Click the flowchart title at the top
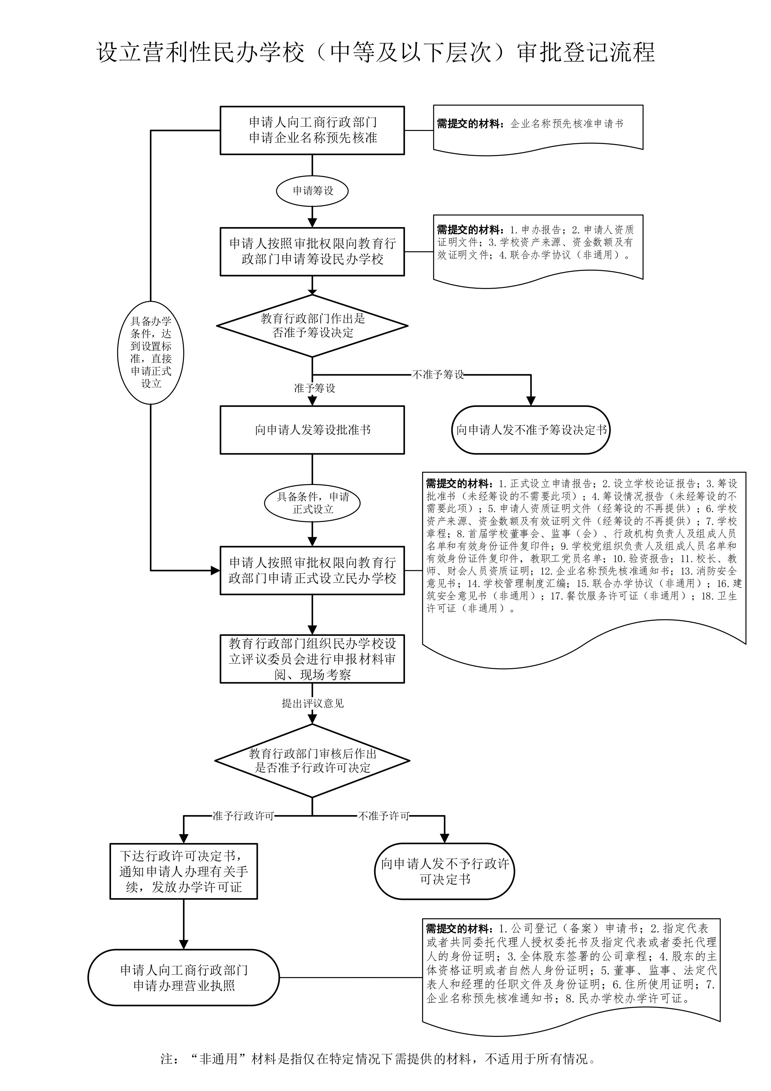coord(376,52)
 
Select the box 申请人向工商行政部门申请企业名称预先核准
coord(312,130)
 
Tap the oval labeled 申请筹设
coord(312,191)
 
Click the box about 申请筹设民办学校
coord(312,251)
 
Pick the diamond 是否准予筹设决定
coord(312,325)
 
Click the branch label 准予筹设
coord(314,388)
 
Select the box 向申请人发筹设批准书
coord(312,430)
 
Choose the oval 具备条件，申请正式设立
coord(312,503)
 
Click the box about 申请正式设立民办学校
coord(312,570)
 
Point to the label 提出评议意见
coord(312,703)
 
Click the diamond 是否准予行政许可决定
coord(312,760)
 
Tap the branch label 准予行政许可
coord(243,816)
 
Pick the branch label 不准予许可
coord(383,816)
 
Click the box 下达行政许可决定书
coord(184,871)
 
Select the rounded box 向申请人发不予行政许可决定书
coord(445,871)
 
